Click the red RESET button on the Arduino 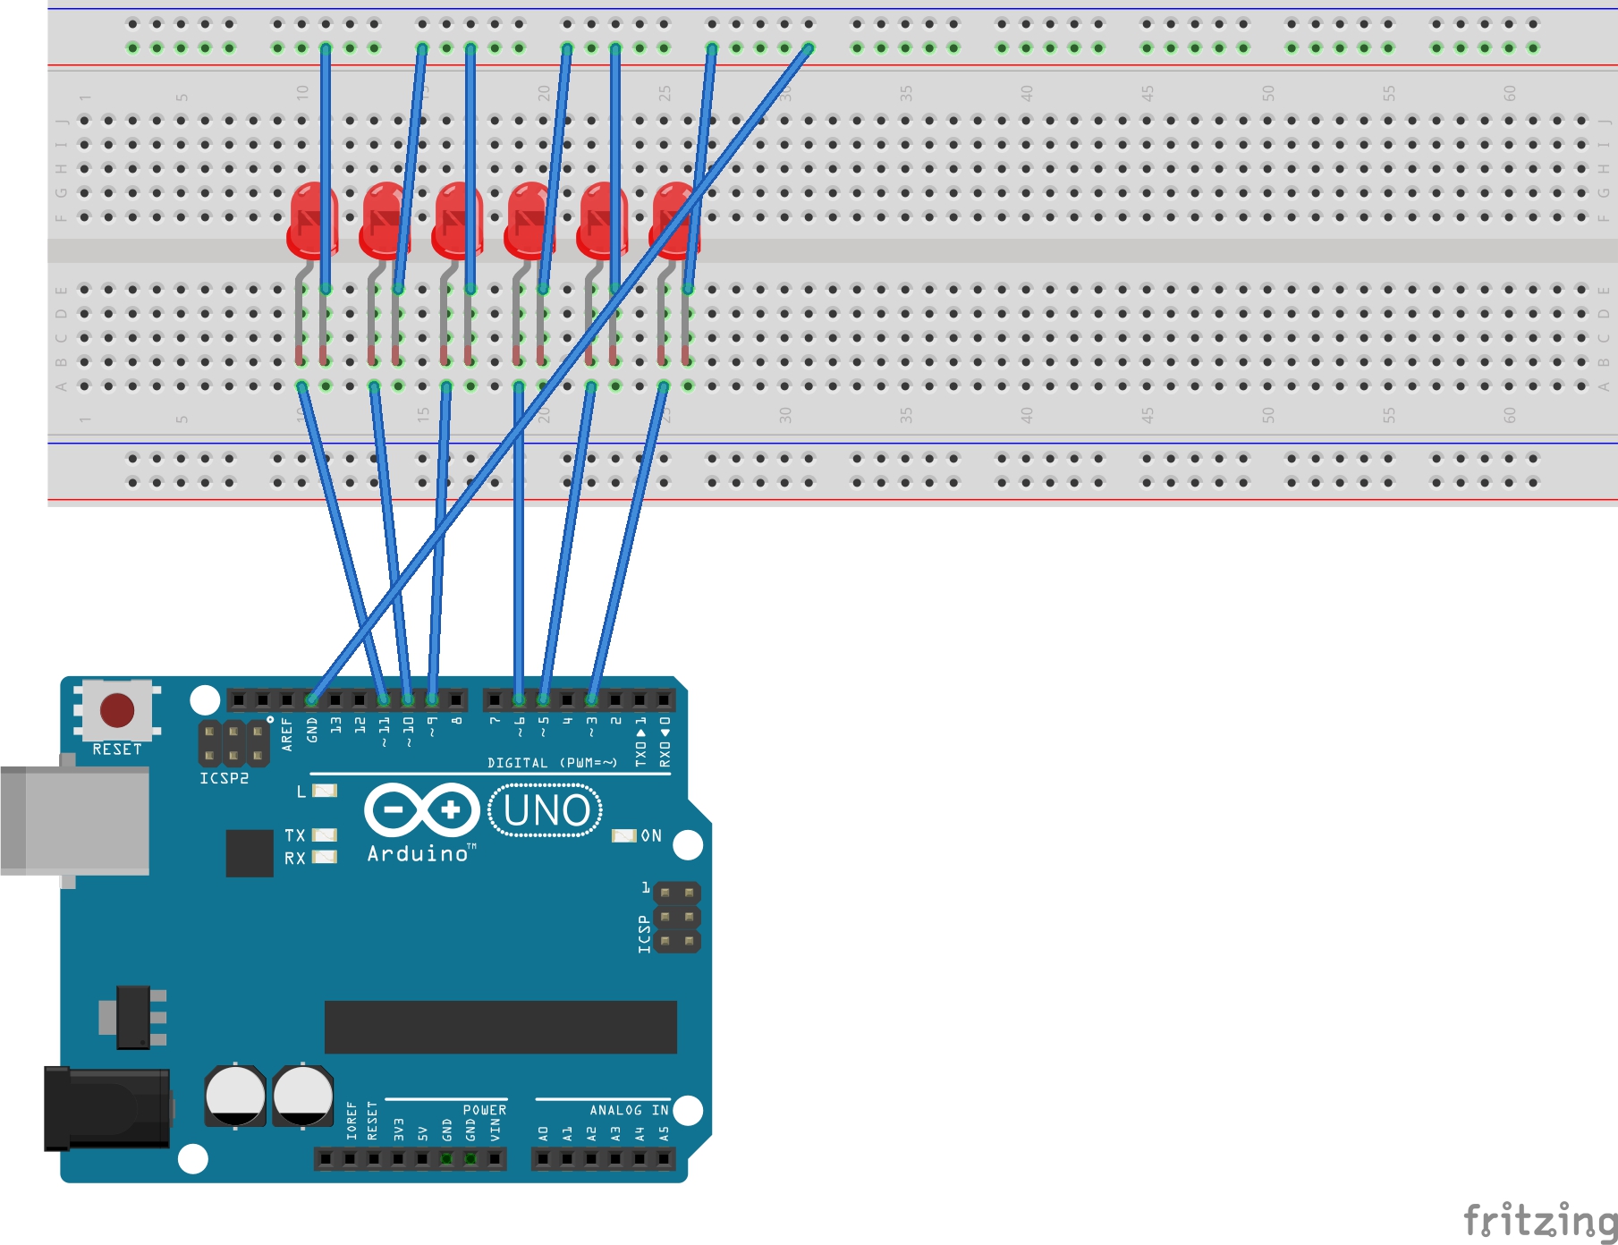point(117,710)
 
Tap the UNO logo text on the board point(546,810)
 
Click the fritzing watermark point(1539,1221)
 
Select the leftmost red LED point(312,219)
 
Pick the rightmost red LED point(675,219)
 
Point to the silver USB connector point(76,820)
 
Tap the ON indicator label point(651,835)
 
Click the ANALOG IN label point(629,1110)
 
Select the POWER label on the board point(484,1110)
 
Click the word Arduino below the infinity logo point(419,854)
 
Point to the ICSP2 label point(224,778)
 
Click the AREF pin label point(287,733)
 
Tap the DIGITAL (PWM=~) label point(552,763)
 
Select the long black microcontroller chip point(500,1027)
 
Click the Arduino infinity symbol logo point(421,810)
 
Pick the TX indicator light point(324,835)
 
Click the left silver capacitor point(235,1095)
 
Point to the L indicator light point(324,791)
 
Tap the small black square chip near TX point(250,853)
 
